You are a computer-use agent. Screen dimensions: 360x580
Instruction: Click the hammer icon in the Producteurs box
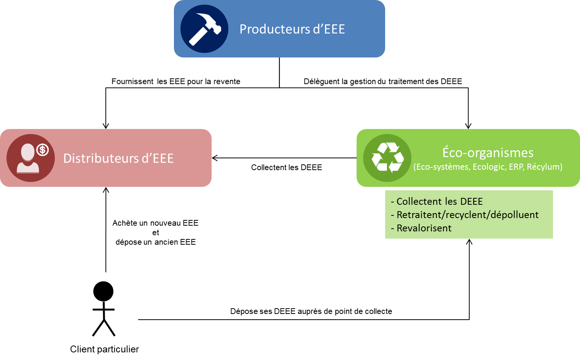[204, 29]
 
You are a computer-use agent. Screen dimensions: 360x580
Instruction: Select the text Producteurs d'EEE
[292, 29]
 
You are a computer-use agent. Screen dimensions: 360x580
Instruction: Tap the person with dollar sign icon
[30, 158]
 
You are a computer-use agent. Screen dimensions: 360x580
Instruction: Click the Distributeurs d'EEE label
[118, 158]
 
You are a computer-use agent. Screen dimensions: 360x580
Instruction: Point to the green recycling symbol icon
[387, 158]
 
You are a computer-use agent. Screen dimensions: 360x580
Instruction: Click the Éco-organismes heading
[488, 153]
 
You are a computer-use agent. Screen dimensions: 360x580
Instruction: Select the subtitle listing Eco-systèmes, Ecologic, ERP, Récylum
[488, 167]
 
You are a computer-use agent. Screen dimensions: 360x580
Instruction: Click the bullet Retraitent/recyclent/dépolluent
[467, 215]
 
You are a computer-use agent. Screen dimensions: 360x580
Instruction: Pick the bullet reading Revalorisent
[424, 228]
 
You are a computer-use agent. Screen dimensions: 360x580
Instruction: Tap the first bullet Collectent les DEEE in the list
[439, 201]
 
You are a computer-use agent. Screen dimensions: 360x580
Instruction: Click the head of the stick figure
[104, 291]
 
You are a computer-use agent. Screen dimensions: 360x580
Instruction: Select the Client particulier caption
[104, 349]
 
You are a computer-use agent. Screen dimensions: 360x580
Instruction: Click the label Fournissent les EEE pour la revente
[176, 81]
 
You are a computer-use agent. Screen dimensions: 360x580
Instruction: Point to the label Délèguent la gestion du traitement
[383, 81]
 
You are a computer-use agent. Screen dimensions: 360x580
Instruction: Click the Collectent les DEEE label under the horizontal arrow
[287, 167]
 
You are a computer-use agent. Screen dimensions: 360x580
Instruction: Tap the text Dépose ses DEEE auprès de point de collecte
[311, 311]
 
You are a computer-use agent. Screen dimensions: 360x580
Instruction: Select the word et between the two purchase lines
[155, 233]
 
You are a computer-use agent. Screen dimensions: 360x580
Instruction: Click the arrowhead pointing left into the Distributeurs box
[215, 158]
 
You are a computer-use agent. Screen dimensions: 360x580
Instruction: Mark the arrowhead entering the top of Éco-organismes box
[468, 126]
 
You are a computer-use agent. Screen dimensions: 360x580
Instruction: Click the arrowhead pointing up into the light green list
[469, 242]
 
